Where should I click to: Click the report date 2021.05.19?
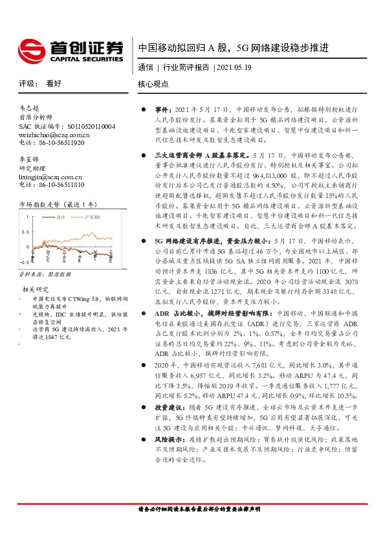236,67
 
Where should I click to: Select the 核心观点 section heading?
153,84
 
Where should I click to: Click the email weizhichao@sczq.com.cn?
54,134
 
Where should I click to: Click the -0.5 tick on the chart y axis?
24,263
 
